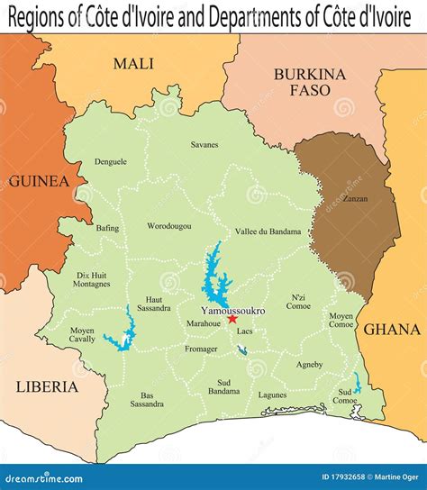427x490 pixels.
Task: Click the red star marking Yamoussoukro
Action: coord(232,319)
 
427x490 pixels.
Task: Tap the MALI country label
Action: coord(133,63)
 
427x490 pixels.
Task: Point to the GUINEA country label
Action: coord(39,181)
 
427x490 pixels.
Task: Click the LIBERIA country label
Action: coord(47,387)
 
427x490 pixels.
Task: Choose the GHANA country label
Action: coord(394,330)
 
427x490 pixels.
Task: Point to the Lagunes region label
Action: coord(272,395)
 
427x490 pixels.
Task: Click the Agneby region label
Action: coord(309,365)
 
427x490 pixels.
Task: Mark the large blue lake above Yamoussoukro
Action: coord(214,270)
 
